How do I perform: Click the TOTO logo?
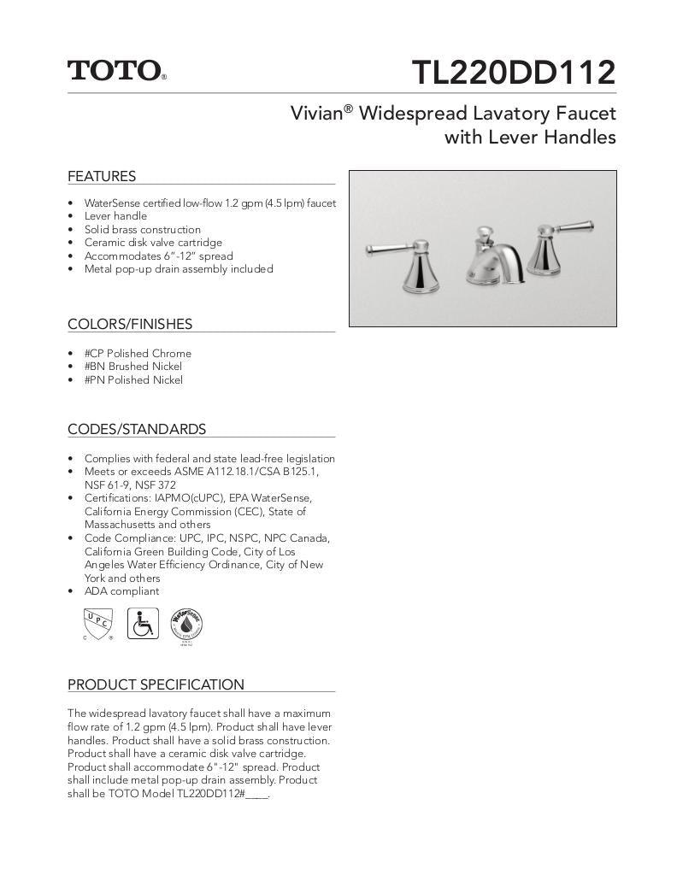115,70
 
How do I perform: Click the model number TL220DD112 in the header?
513,73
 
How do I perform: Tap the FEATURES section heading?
102,177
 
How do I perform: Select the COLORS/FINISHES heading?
130,325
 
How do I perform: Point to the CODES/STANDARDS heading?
137,430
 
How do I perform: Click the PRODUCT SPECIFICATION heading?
156,684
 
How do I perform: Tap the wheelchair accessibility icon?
143,624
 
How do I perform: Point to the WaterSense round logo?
186,625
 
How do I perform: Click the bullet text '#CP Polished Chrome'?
138,354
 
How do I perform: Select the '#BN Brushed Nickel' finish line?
132,367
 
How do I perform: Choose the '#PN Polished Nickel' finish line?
133,380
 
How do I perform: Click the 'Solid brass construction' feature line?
143,230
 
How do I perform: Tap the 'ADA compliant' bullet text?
121,591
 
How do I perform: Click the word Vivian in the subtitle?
316,114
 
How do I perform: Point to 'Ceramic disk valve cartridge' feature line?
153,243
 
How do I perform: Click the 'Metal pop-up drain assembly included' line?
179,269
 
